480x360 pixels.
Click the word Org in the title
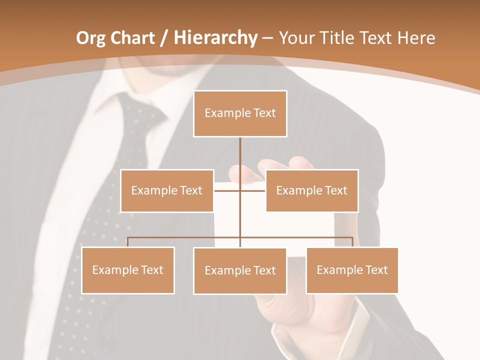[91, 38]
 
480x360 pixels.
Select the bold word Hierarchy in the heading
[215, 38]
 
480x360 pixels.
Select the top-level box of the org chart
[240, 113]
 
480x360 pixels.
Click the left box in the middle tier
[167, 190]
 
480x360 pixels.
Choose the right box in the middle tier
[311, 190]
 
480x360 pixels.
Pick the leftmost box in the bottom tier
[128, 270]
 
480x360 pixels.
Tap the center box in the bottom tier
[240, 270]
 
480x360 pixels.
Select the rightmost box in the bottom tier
[352, 270]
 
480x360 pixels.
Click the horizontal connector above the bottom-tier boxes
[185, 237]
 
